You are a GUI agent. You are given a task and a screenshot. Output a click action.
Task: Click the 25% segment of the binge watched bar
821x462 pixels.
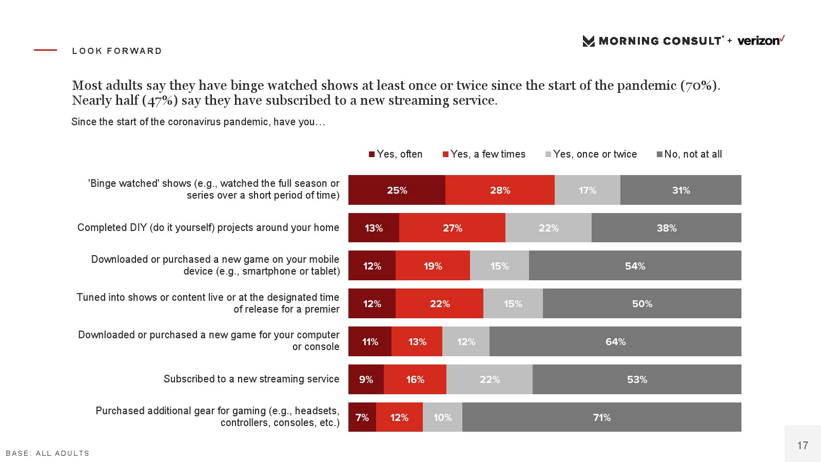pyautogui.click(x=397, y=190)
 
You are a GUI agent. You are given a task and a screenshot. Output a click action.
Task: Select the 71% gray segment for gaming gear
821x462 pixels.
pyautogui.click(x=601, y=417)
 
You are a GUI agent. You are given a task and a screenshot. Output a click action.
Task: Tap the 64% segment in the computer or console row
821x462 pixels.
pyautogui.click(x=615, y=341)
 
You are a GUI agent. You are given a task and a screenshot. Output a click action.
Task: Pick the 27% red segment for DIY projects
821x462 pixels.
pyautogui.click(x=452, y=228)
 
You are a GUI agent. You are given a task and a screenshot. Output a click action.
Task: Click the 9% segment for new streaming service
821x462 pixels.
pyautogui.click(x=366, y=379)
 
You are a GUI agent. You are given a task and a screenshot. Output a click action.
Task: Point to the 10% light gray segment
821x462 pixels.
pyautogui.click(x=442, y=417)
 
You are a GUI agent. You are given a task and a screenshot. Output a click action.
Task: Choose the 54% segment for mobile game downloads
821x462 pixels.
pyautogui.click(x=635, y=266)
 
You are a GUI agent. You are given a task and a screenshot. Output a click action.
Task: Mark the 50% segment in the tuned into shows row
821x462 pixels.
pyautogui.click(x=642, y=303)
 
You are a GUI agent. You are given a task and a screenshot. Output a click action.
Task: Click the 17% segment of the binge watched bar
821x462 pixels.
pyautogui.click(x=587, y=190)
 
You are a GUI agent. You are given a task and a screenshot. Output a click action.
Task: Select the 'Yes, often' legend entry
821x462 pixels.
pyautogui.click(x=396, y=154)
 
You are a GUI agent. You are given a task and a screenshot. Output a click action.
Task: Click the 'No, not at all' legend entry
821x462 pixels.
pyautogui.click(x=689, y=154)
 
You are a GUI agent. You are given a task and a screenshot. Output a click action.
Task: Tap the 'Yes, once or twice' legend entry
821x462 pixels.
pyautogui.click(x=591, y=154)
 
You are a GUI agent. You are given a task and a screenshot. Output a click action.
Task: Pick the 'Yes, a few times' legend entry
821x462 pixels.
pyautogui.click(x=484, y=154)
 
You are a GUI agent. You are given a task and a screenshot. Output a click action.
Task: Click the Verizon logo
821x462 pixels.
pyautogui.click(x=760, y=41)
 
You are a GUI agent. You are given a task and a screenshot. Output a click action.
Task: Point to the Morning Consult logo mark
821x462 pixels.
pyautogui.click(x=589, y=41)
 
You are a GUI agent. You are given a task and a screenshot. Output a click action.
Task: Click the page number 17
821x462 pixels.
pyautogui.click(x=803, y=446)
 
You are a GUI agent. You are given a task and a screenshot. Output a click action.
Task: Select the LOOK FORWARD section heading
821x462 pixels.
pyautogui.click(x=117, y=51)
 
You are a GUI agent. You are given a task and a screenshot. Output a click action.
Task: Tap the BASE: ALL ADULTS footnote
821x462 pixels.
pyautogui.click(x=48, y=453)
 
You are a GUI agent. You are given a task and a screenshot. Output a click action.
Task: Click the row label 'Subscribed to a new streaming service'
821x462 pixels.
pyautogui.click(x=251, y=379)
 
